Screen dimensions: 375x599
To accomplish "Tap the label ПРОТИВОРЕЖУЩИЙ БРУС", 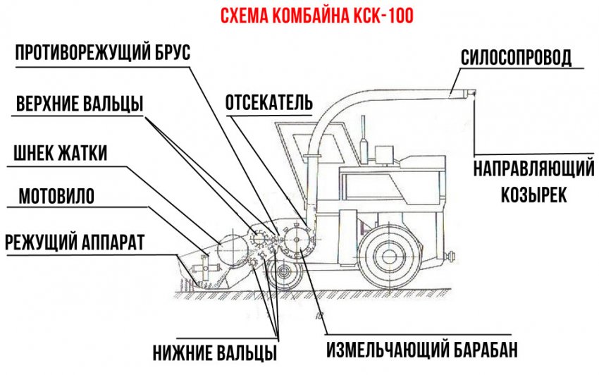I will [x=103, y=54].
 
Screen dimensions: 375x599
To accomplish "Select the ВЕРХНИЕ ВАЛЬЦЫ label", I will [x=79, y=104].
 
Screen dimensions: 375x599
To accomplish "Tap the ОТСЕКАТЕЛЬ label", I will [x=268, y=103].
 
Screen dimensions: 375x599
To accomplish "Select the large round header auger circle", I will [x=230, y=249].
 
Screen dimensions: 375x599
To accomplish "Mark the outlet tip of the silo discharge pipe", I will [x=472, y=93].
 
